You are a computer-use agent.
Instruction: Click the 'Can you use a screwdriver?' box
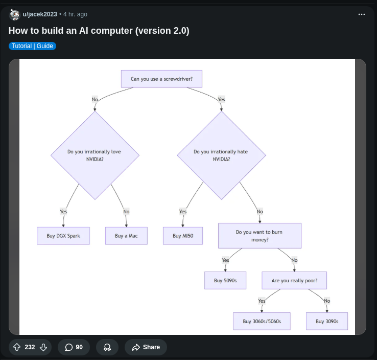tap(161, 79)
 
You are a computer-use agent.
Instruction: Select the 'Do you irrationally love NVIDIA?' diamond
tap(95, 155)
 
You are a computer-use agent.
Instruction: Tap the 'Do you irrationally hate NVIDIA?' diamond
tap(221, 155)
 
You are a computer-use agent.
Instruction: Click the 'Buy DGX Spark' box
tap(63, 236)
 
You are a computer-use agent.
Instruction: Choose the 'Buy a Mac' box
tap(126, 236)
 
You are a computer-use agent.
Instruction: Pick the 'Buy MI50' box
tap(183, 236)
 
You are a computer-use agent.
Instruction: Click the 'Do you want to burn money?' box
tap(260, 236)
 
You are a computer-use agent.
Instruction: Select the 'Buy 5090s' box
tap(225, 280)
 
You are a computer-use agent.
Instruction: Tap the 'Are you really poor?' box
tap(294, 280)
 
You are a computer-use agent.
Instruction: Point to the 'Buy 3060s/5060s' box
tap(262, 321)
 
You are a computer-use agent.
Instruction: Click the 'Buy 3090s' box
tap(327, 321)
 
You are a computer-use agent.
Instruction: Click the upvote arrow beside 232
tap(17, 347)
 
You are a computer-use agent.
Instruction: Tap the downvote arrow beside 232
tap(43, 347)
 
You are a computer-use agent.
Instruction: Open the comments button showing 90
tap(74, 347)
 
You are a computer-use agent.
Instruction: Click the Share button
tap(146, 347)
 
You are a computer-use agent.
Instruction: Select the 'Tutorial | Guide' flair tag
tap(32, 46)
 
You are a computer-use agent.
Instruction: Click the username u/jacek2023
tap(40, 14)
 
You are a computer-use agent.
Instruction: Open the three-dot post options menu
tap(362, 14)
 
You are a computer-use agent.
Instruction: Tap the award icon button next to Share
tap(107, 347)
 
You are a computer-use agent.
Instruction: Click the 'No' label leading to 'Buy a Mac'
tap(126, 212)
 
